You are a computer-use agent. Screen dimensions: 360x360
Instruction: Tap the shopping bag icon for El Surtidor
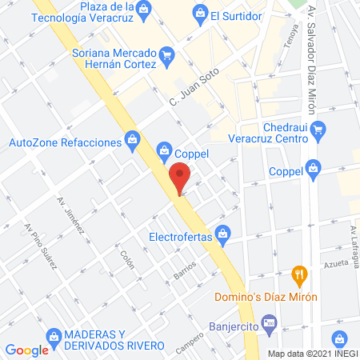(x=200, y=12)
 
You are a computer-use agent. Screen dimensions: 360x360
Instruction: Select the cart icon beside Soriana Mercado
(x=166, y=54)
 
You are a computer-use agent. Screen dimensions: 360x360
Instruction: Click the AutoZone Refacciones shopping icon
(x=133, y=142)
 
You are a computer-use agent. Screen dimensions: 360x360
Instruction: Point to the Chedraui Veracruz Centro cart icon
(x=318, y=127)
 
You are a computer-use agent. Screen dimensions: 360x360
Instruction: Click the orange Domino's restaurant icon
(x=300, y=274)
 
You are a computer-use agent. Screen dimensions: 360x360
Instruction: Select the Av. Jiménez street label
(x=71, y=217)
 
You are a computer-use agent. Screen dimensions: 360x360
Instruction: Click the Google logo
(x=26, y=350)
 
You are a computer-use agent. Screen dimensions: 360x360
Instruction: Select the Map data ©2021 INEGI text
(x=312, y=354)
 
